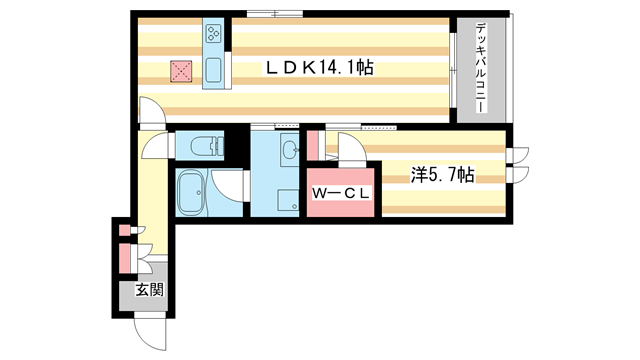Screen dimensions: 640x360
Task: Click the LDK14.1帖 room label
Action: (x=319, y=68)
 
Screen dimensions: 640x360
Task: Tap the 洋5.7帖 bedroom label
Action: (x=442, y=174)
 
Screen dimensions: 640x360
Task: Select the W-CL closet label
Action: (x=341, y=193)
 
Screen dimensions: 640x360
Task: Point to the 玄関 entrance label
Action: (x=149, y=291)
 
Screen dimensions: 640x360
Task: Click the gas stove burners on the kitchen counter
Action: (x=214, y=36)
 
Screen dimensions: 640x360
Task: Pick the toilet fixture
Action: (x=201, y=147)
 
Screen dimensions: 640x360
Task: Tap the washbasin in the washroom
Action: (x=289, y=151)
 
